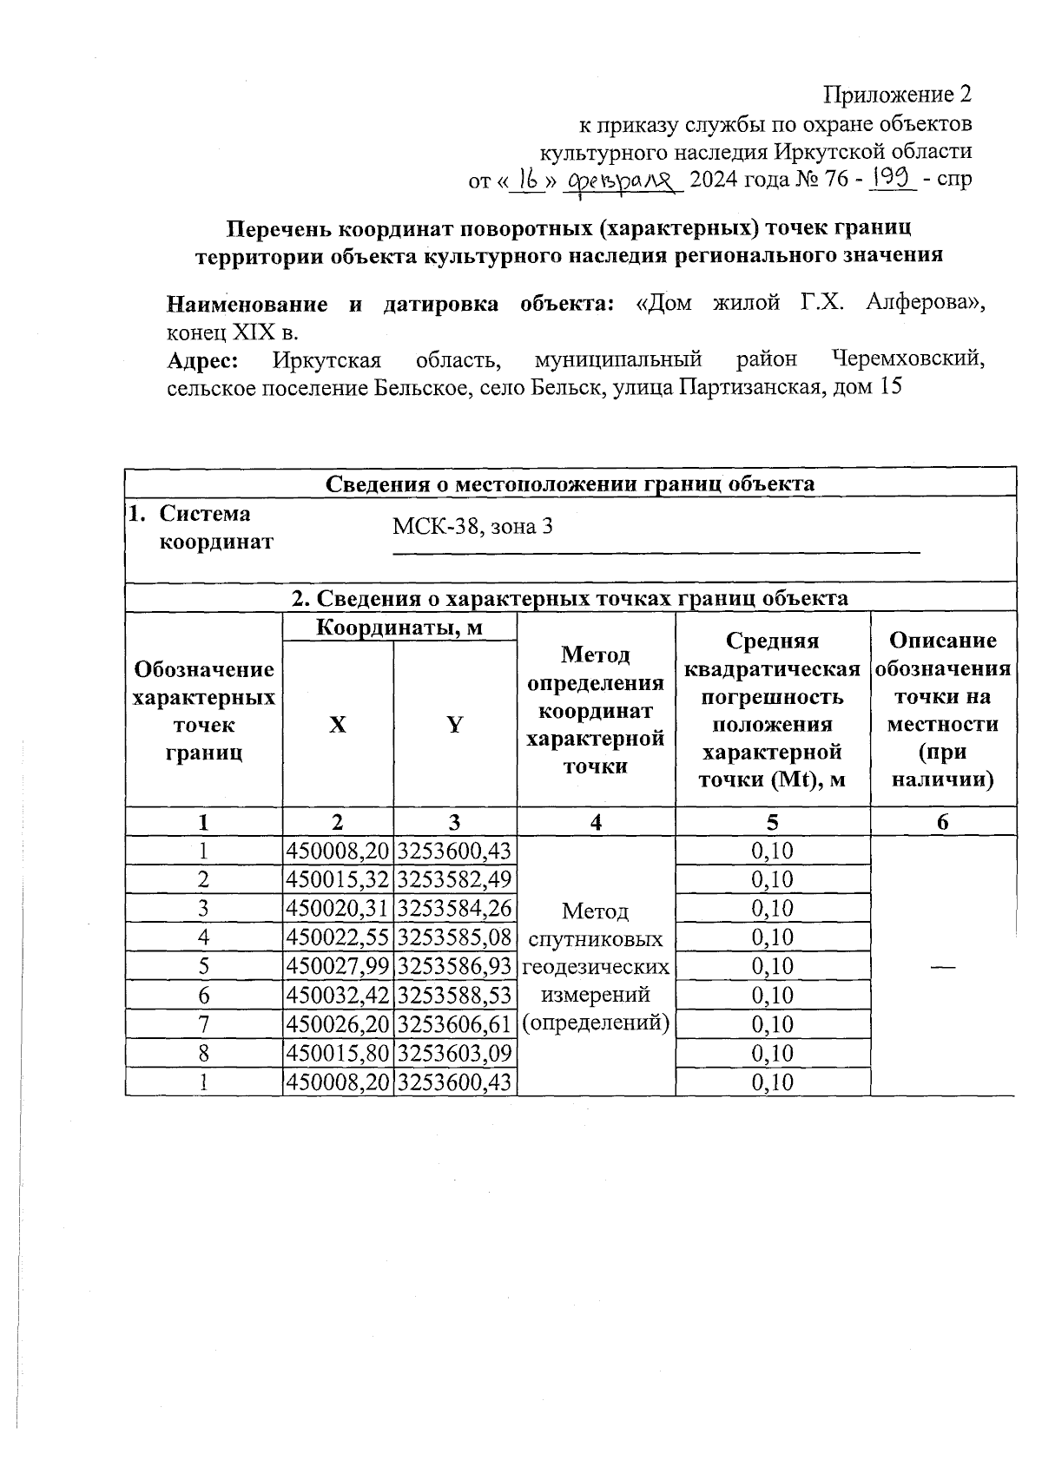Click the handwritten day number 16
click(x=524, y=179)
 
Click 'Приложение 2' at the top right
click(x=897, y=94)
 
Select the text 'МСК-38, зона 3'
click(x=472, y=527)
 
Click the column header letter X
click(x=337, y=726)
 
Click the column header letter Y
click(x=454, y=726)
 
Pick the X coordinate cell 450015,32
click(x=338, y=879)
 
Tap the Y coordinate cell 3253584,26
click(x=454, y=909)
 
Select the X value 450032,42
click(x=338, y=996)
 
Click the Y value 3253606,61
click(x=454, y=1024)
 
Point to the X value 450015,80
click(x=338, y=1053)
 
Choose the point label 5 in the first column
click(x=203, y=966)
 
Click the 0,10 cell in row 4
click(x=772, y=937)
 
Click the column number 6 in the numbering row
click(x=943, y=822)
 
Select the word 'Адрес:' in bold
click(x=202, y=359)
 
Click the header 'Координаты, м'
click(x=399, y=627)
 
